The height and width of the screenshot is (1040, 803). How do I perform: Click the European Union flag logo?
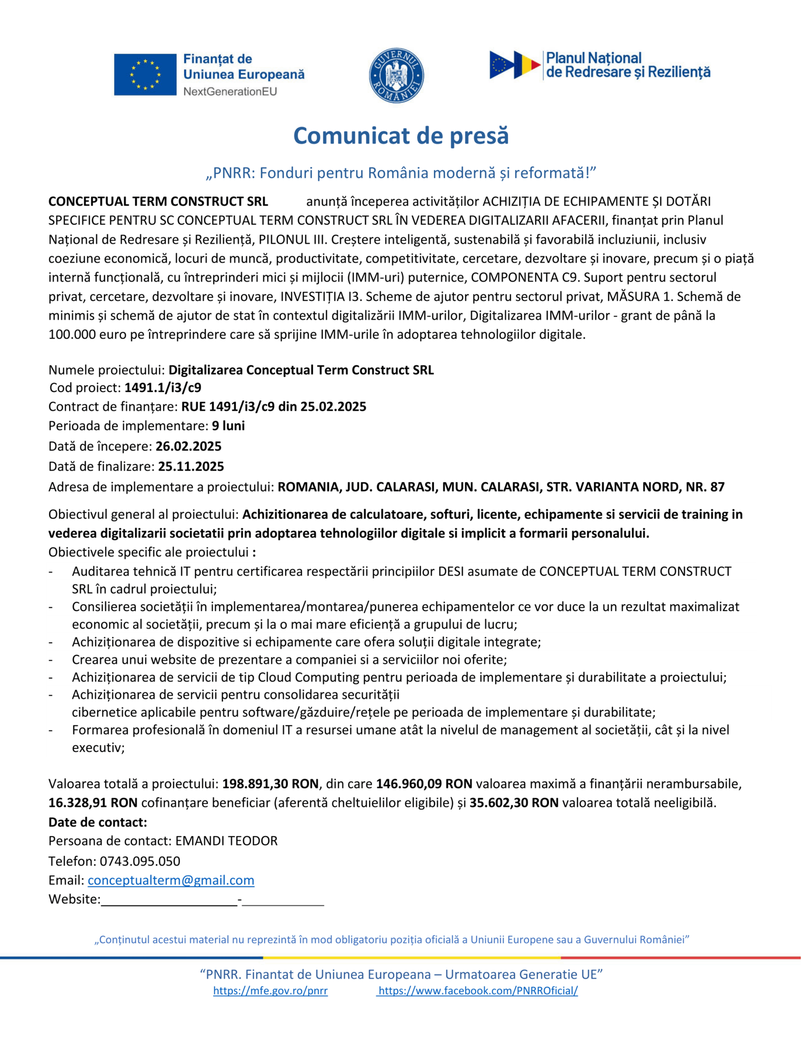145,74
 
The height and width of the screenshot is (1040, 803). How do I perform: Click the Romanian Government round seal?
396,75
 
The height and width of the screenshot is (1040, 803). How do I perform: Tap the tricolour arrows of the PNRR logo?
515,65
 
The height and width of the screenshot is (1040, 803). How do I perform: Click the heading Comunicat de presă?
401,136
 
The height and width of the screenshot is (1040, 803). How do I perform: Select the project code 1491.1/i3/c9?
163,388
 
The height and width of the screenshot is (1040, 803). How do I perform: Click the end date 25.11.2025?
191,466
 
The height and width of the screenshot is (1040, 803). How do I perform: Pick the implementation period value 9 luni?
228,426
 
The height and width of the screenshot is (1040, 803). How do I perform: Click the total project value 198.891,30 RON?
270,784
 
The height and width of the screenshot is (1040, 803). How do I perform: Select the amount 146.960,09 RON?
424,784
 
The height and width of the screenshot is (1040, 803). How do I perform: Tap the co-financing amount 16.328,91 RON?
93,803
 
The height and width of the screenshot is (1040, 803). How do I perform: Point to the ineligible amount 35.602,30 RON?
514,803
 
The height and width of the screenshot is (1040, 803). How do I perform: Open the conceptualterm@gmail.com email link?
171,880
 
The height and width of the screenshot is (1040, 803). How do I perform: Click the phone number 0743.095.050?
140,861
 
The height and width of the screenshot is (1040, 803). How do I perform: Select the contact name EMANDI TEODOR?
226,841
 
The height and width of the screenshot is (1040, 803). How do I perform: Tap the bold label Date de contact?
98,822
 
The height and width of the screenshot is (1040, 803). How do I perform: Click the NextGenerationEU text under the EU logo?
230,92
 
